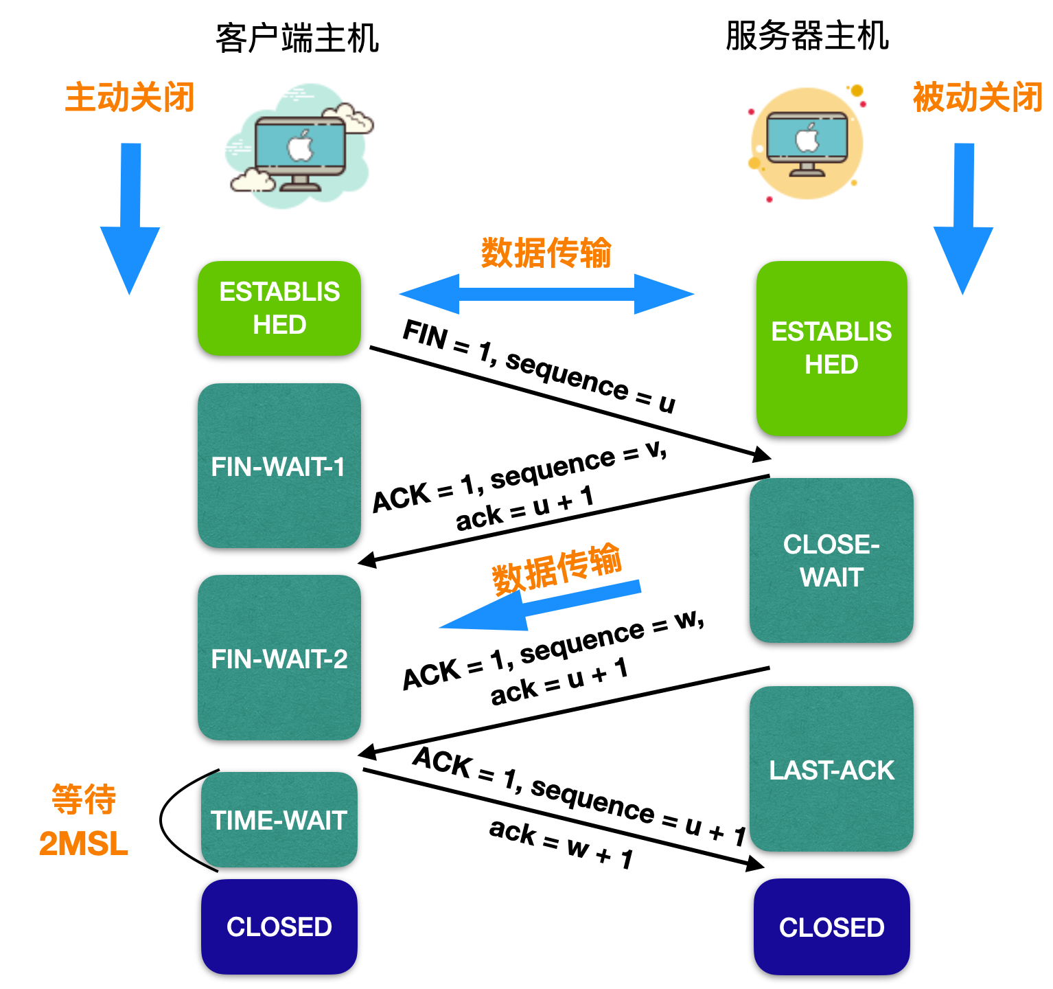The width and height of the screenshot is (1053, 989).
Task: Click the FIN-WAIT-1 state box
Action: tap(279, 466)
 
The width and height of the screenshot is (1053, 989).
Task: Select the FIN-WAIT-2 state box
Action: tap(279, 658)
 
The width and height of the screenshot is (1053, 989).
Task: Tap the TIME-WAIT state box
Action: tap(279, 820)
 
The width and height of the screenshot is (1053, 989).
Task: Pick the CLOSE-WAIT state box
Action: tap(831, 560)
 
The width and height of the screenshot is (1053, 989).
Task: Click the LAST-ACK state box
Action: tap(831, 769)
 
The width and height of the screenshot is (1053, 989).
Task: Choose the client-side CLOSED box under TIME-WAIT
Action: tap(279, 927)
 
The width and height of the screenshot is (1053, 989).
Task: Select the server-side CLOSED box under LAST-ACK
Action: tap(831, 927)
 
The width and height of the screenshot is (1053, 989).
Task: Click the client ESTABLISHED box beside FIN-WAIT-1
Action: tap(279, 308)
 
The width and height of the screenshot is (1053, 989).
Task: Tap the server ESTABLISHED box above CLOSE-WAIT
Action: tap(831, 348)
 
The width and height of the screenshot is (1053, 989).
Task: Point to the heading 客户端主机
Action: tap(297, 38)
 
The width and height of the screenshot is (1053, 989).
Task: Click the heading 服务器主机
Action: tap(807, 36)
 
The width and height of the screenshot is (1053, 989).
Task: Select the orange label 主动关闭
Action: tap(130, 97)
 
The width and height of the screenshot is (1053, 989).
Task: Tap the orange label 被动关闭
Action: tap(977, 97)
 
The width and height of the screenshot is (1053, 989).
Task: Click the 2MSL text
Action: tap(83, 844)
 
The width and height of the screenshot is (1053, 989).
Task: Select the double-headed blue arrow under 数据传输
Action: tap(546, 294)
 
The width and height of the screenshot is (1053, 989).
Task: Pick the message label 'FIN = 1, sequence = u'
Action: tap(540, 367)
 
